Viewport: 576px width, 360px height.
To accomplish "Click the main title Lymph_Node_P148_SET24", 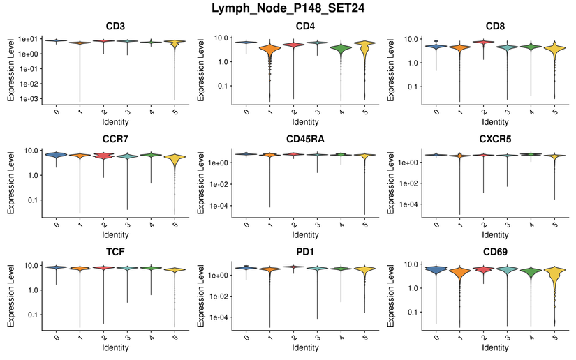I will click(288, 9).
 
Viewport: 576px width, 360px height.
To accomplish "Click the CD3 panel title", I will click(116, 27).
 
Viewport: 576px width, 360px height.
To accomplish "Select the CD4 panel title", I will click(306, 27).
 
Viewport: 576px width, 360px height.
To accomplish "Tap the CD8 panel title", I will click(495, 27).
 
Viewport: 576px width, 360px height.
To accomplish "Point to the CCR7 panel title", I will click(116, 139).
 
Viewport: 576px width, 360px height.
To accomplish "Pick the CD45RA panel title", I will click(306, 139).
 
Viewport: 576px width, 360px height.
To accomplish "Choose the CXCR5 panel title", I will click(495, 139).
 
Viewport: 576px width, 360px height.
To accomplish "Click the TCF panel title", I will click(116, 251).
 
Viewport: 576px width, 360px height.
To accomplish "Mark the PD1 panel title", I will click(306, 251).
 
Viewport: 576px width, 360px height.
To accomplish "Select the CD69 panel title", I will click(495, 251).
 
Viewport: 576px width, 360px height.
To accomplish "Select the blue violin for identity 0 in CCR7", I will click(56, 155).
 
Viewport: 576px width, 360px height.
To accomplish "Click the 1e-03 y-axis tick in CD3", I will click(29, 98).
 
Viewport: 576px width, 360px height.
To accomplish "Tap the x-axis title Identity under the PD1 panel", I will click(306, 347).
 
